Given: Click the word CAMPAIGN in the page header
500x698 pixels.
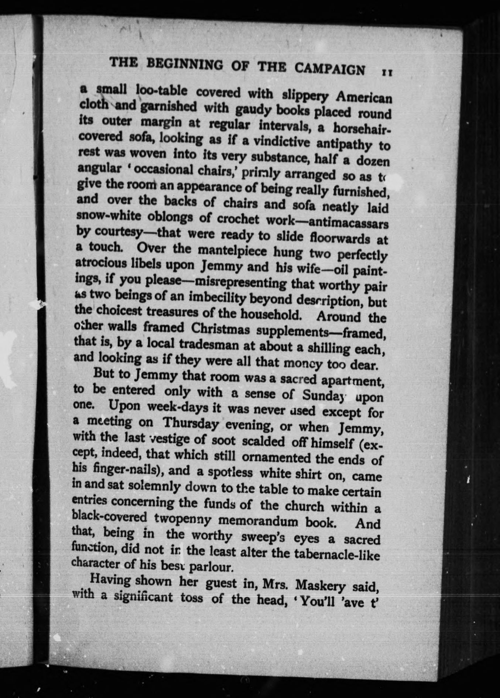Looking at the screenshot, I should click(x=330, y=69).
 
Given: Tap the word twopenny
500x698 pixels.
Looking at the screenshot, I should click(x=183, y=519).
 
